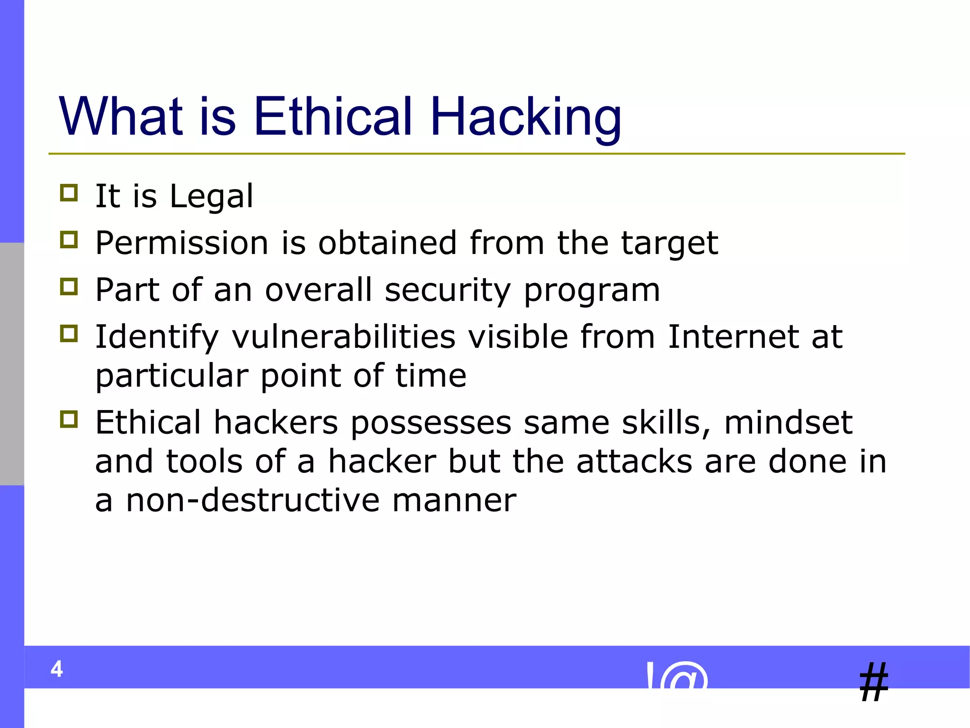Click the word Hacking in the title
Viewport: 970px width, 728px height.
(x=525, y=117)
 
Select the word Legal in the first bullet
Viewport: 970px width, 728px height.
(x=211, y=196)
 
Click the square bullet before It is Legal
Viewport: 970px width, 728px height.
(x=69, y=193)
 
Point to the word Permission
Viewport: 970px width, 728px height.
(x=182, y=243)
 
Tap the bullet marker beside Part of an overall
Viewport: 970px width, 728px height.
(x=69, y=287)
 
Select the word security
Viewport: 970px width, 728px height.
(x=448, y=291)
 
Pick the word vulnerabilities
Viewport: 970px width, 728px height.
(x=343, y=337)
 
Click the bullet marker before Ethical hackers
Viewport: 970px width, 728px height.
(x=69, y=419)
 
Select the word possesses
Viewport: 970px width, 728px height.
(x=431, y=423)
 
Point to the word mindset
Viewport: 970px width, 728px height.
(x=788, y=422)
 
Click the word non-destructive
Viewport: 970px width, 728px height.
(x=252, y=500)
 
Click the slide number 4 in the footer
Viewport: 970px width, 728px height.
(x=57, y=669)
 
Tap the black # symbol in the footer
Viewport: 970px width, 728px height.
(x=874, y=682)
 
